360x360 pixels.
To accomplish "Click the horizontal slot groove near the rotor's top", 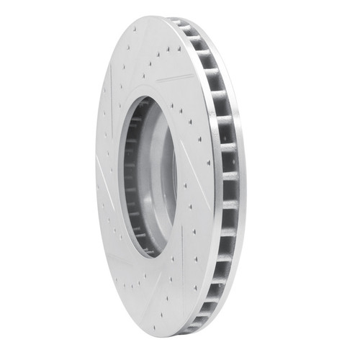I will tap(175, 76).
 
